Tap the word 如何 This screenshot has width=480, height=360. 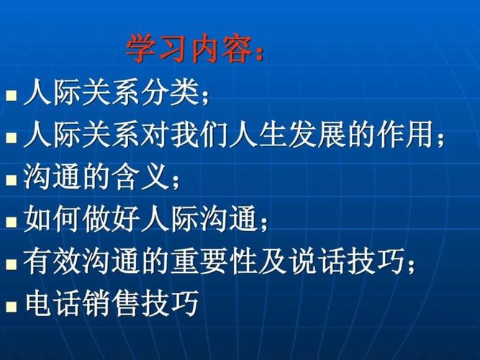point(52,217)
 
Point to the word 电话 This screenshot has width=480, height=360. point(52,302)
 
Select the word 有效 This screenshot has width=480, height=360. point(52,259)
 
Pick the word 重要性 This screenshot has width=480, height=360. point(222,259)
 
